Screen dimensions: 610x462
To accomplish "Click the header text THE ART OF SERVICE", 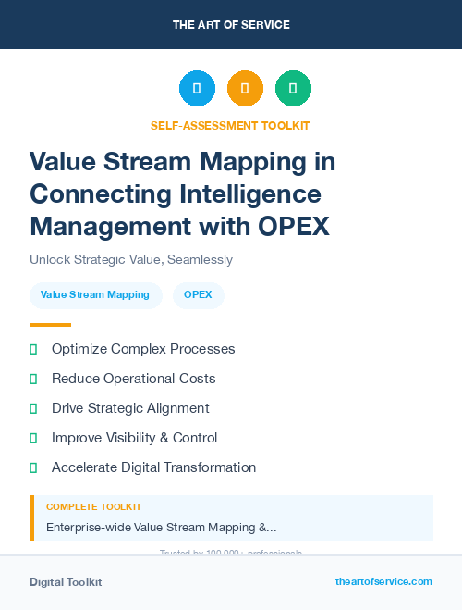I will [x=231, y=25].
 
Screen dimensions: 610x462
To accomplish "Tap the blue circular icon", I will [x=197, y=89].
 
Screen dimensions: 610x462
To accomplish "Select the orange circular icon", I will [x=245, y=89].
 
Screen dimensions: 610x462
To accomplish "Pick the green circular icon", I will [x=293, y=89].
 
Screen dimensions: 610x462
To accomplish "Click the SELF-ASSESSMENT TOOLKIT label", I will [x=230, y=125].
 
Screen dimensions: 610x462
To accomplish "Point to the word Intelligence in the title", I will [x=249, y=194].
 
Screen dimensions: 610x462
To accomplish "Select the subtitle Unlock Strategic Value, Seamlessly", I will [x=131, y=260].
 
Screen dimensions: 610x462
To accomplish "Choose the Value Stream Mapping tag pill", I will [x=95, y=295].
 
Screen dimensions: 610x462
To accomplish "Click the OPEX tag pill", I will [x=198, y=295].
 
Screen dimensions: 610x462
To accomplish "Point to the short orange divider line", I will [x=50, y=325].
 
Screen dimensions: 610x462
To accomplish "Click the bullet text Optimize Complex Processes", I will [x=143, y=349].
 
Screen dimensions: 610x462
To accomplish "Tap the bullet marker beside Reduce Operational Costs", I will [x=33, y=379].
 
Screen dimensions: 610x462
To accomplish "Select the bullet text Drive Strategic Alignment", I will [x=130, y=408].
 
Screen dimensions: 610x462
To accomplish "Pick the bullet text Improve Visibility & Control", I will [x=135, y=438].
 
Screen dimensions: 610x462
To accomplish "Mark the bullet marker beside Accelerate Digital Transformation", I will [x=33, y=467].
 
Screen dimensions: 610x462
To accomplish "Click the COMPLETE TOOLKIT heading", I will [x=93, y=507].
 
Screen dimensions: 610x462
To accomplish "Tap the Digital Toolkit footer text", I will [x=66, y=582].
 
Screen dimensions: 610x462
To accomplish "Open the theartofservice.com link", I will [x=383, y=581].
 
